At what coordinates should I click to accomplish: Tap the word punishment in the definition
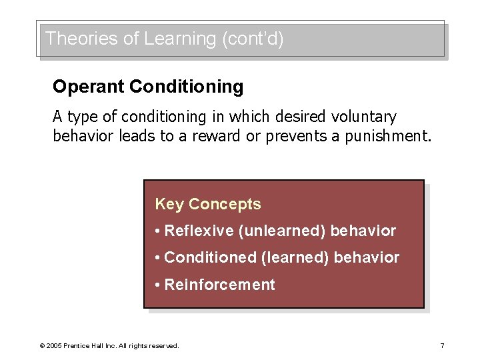pos(388,137)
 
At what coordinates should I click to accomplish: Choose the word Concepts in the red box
pos(225,204)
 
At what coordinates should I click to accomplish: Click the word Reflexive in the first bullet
pos(198,231)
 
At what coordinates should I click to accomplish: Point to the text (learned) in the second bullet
pos(295,257)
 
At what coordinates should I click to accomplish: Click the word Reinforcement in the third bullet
pos(219,285)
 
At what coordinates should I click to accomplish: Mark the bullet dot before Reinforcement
pos(157,285)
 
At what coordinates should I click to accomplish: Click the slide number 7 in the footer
pos(442,345)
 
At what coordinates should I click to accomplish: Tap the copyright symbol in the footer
pos(42,346)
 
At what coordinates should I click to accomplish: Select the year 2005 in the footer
pos(54,346)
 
